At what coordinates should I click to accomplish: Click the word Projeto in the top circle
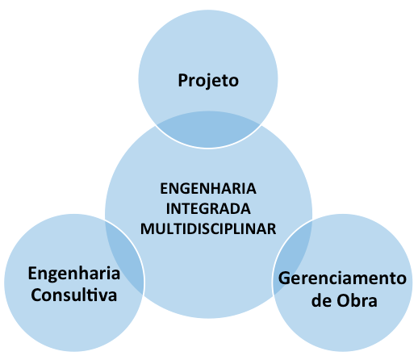click(208, 81)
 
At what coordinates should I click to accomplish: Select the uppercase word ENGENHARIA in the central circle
click(208, 188)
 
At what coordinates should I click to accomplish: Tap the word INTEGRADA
click(208, 209)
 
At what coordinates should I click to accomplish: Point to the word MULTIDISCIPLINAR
click(208, 229)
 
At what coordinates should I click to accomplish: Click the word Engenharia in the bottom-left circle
click(74, 274)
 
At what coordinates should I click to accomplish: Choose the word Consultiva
click(74, 295)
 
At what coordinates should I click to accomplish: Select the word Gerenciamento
click(342, 278)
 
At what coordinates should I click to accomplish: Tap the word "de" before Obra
click(321, 300)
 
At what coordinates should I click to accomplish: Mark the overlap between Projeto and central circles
click(208, 129)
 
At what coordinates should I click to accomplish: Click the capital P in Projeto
click(183, 80)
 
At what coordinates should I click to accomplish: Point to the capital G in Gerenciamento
click(284, 278)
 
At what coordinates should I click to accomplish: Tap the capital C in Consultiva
click(36, 295)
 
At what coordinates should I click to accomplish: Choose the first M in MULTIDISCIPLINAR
click(148, 229)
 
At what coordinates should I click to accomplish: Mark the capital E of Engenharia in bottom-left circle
click(32, 274)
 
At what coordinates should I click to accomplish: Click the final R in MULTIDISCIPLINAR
click(272, 229)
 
